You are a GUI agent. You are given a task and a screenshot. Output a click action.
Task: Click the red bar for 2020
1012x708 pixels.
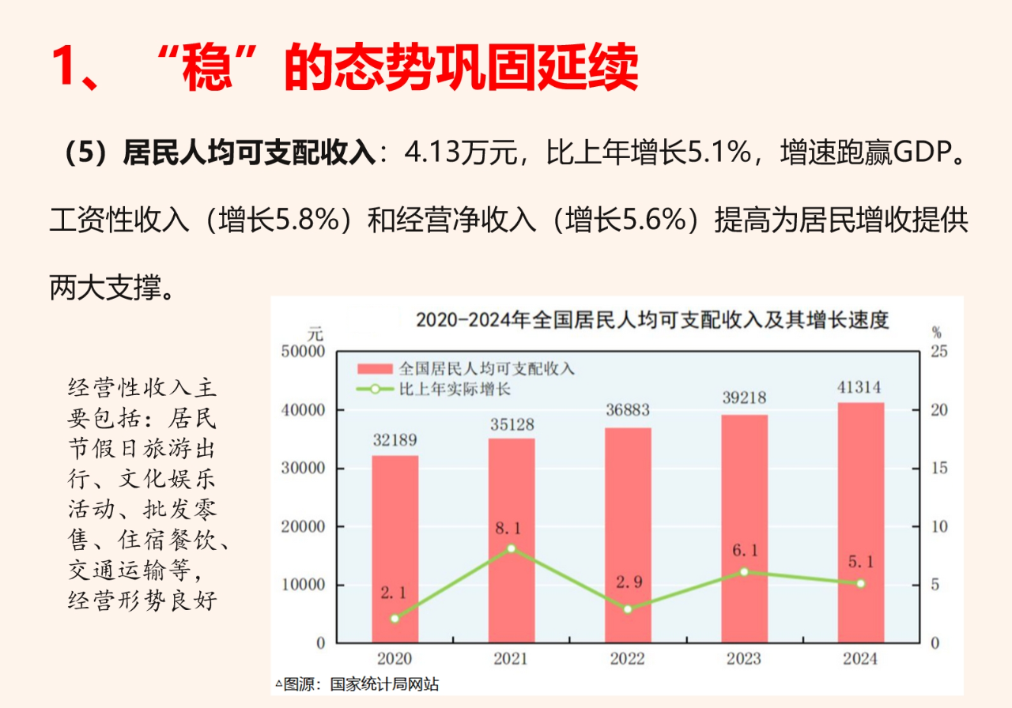pos(395,548)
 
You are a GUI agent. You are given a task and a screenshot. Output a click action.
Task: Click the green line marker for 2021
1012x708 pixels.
pos(512,548)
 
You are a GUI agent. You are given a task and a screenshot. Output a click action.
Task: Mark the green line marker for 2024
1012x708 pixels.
pos(860,583)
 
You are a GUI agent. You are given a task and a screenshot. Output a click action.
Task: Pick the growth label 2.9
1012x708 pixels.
pos(629,583)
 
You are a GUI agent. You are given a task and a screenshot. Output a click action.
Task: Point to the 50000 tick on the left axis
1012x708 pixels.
pos(303,352)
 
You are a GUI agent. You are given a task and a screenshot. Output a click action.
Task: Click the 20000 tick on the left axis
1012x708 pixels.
pos(303,527)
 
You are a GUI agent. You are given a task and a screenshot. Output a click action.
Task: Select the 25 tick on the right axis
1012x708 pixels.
pos(938,352)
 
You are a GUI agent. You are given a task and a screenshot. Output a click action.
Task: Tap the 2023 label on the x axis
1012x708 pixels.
pos(744,659)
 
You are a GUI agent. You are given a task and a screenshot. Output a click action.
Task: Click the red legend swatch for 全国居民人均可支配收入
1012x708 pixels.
pos(375,369)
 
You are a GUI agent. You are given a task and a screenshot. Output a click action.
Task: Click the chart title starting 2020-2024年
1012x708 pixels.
pos(652,320)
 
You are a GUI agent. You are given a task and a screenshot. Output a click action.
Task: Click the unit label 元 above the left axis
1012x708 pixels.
pos(315,333)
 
